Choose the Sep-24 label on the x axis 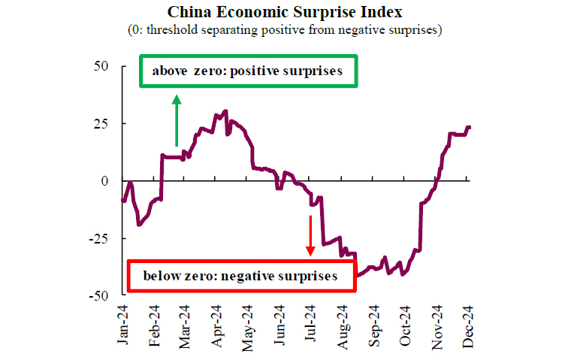pyautogui.click(x=376, y=325)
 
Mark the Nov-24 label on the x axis pyautogui.click(x=439, y=325)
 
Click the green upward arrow pyautogui.click(x=177, y=120)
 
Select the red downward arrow pyautogui.click(x=310, y=234)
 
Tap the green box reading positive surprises pyautogui.click(x=248, y=72)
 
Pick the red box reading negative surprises pyautogui.click(x=240, y=277)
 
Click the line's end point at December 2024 pyautogui.click(x=470, y=127)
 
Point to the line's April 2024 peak pyautogui.click(x=225, y=111)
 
